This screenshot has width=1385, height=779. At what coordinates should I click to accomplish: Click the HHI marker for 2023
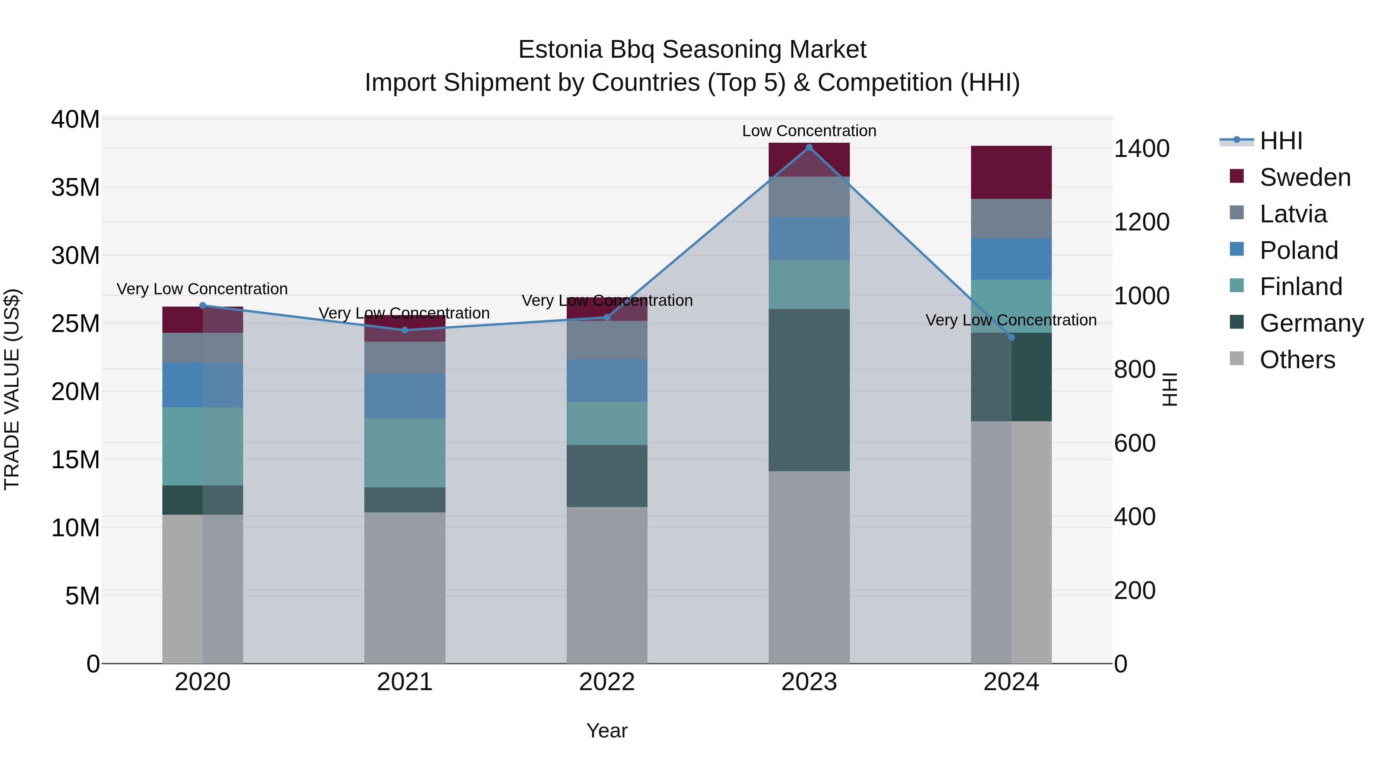point(809,147)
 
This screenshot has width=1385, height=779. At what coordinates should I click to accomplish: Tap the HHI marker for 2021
point(405,330)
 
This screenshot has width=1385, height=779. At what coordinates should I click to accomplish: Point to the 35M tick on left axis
point(75,188)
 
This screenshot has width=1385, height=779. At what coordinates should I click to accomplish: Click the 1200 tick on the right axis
point(1141,222)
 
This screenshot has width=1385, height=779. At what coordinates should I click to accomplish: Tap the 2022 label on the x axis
point(607,682)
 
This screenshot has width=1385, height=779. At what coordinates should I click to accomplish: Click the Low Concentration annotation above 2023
point(809,131)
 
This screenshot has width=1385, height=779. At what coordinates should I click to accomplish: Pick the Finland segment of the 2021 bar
point(405,453)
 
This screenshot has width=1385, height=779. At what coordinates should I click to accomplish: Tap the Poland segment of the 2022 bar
point(607,380)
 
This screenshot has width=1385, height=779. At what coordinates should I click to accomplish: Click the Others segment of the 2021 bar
point(405,587)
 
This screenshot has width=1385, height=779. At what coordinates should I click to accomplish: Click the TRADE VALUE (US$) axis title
point(12,389)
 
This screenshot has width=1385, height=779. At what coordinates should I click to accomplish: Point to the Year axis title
point(607,731)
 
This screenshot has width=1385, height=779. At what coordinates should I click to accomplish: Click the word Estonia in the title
point(560,50)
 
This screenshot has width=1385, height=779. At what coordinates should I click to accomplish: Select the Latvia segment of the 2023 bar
point(809,197)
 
